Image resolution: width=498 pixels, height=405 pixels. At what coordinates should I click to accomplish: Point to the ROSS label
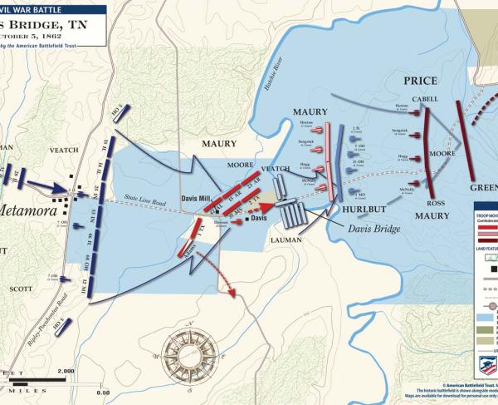(435, 203)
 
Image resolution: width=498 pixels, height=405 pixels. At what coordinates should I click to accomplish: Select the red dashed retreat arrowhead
(232, 293)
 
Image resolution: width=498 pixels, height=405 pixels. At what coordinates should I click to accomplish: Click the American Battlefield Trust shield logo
(488, 366)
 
